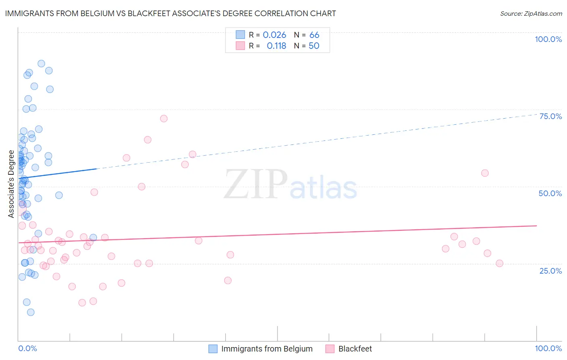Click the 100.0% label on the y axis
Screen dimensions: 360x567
click(x=548, y=39)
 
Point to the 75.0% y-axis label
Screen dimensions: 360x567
click(x=550, y=116)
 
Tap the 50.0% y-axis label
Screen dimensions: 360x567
click(x=550, y=193)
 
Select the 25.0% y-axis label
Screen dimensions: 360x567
click(x=550, y=270)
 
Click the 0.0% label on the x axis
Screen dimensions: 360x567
click(x=27, y=348)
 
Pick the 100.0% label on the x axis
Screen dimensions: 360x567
click(x=548, y=348)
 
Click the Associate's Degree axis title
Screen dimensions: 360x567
click(x=11, y=184)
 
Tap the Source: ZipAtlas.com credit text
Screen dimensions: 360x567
click(x=531, y=14)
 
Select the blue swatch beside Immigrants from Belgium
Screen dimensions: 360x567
click(x=213, y=349)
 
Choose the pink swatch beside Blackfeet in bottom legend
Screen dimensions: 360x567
click(x=330, y=349)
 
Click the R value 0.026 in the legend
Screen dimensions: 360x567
click(x=274, y=35)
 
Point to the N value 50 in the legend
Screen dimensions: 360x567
click(x=314, y=46)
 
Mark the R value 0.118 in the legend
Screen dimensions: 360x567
click(x=276, y=46)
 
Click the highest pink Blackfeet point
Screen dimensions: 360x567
click(x=164, y=119)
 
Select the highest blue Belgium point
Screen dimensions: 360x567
click(x=41, y=64)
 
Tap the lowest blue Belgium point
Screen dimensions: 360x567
click(x=31, y=312)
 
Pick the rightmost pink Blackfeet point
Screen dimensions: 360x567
click(x=499, y=264)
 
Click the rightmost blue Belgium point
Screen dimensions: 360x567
click(x=93, y=238)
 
